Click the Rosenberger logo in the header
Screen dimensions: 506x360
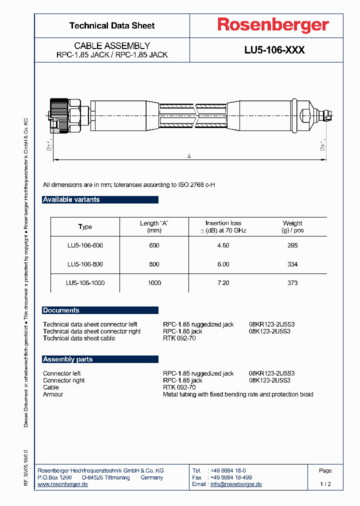click(272, 25)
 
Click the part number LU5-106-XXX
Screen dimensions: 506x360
click(274, 50)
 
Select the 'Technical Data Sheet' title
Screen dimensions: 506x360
click(112, 25)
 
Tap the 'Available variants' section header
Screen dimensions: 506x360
click(71, 199)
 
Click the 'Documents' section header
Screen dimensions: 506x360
click(61, 310)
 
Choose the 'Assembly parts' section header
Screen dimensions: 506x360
click(68, 359)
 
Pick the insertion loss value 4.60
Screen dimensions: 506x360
click(223, 245)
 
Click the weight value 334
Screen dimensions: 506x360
click(292, 264)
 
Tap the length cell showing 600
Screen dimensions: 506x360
click(154, 245)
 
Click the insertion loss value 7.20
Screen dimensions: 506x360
click(223, 283)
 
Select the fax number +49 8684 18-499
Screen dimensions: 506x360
click(231, 477)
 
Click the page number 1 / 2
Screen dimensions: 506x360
click(325, 484)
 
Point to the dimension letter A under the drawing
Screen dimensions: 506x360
click(189, 156)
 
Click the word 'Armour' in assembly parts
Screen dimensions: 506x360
click(53, 394)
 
